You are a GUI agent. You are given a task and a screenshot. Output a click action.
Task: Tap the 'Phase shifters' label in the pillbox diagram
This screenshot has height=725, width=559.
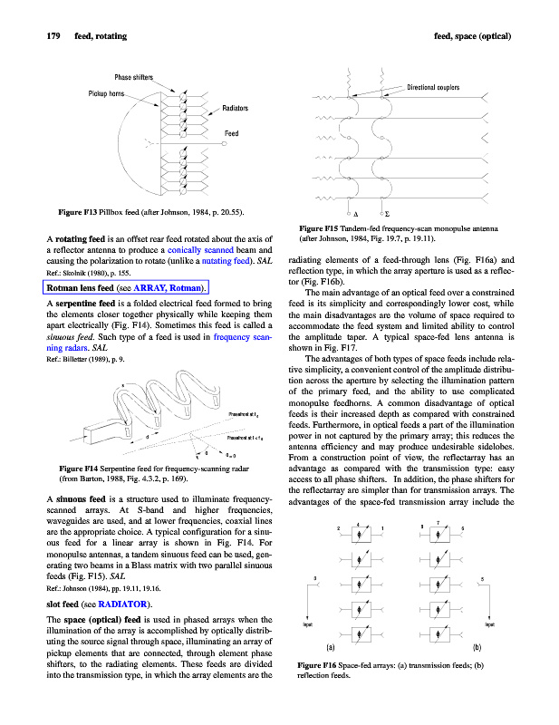point(133,77)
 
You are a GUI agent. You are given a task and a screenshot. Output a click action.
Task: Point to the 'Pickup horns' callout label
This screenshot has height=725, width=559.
point(106,93)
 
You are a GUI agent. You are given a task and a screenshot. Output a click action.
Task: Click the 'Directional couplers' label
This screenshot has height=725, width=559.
point(433,87)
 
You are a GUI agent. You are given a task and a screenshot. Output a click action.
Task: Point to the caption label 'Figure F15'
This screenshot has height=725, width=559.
point(320,227)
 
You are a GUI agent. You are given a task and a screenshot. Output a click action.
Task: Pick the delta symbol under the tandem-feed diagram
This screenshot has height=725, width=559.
point(354,214)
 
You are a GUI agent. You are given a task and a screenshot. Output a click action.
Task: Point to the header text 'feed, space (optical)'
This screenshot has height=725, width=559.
point(474,36)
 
